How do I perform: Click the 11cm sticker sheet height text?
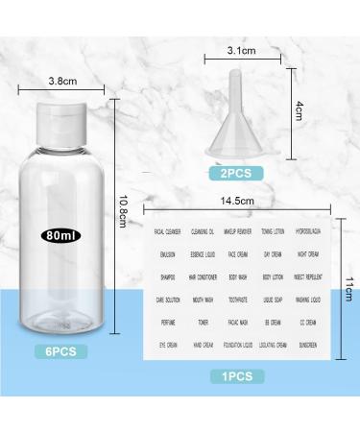pos(348,288)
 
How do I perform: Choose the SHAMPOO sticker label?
pos(167,277)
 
